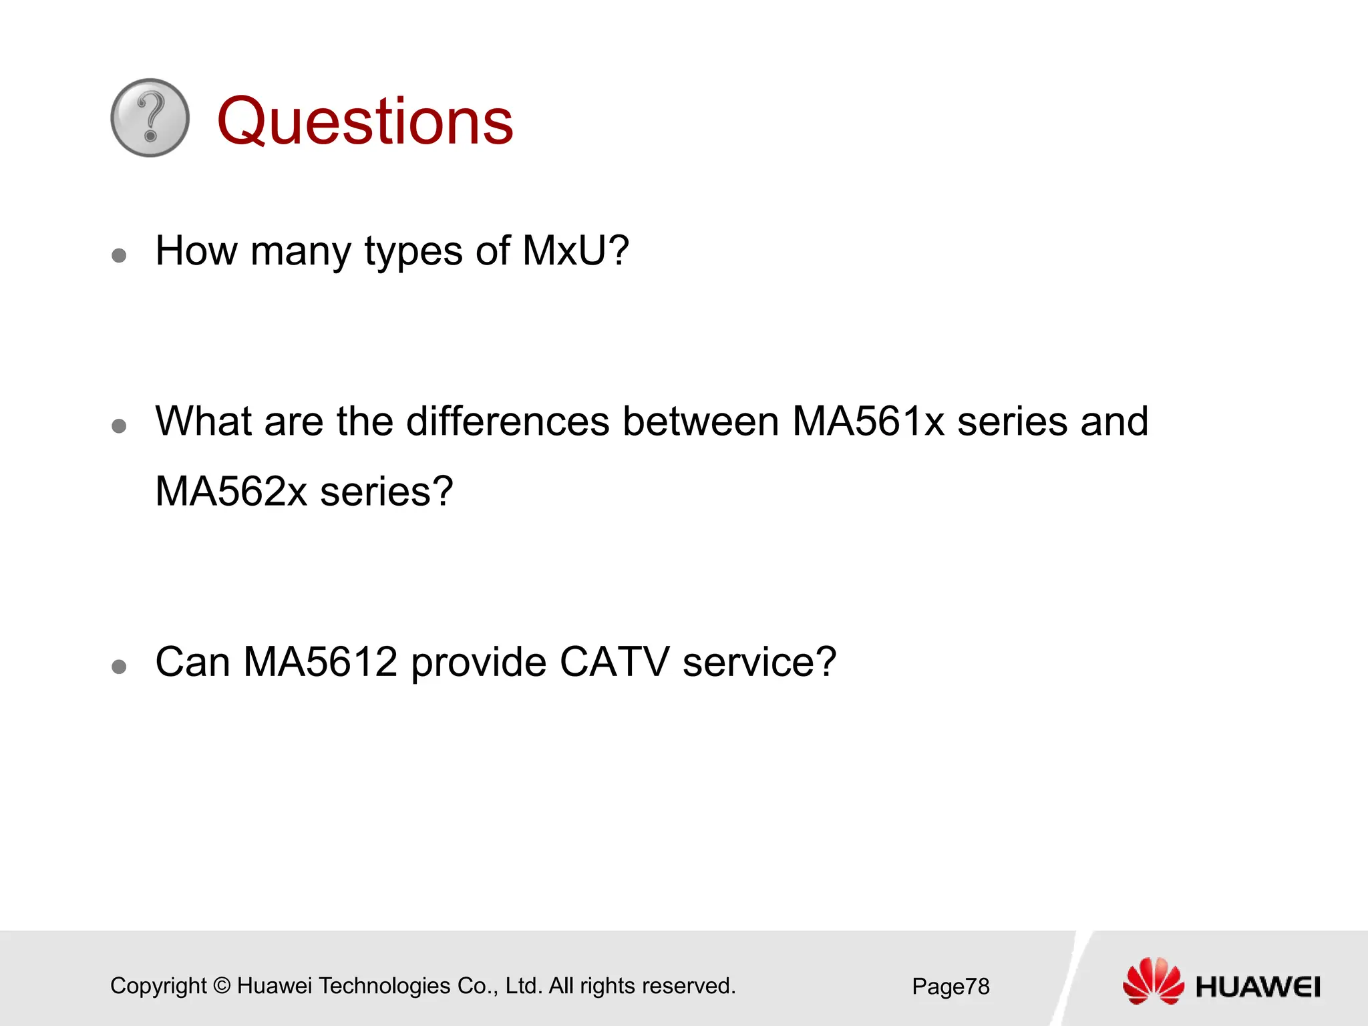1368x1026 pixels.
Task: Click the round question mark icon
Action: click(150, 118)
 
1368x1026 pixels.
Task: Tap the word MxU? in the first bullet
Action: click(575, 251)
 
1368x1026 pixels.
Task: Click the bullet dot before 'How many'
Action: click(119, 256)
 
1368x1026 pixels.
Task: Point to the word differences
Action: click(508, 421)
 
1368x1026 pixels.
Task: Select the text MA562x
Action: click(230, 492)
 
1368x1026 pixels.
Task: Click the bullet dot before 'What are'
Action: click(119, 426)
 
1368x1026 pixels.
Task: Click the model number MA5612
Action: click(320, 662)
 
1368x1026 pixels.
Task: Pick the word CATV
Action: click(614, 662)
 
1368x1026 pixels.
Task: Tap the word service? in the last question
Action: click(759, 662)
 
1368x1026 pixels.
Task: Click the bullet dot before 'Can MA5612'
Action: click(119, 666)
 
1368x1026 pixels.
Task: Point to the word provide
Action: click(478, 663)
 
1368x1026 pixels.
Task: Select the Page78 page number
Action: click(951, 987)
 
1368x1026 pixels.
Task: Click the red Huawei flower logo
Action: click(1153, 981)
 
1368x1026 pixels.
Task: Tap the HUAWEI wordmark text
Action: click(1258, 987)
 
